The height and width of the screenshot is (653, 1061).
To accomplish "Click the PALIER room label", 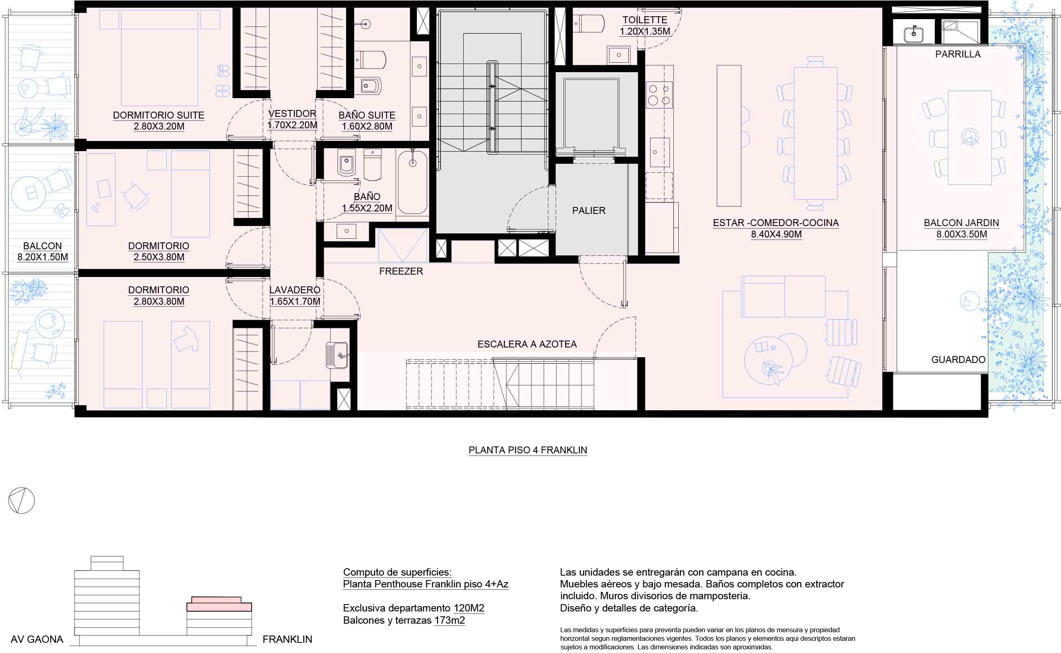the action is pyautogui.click(x=588, y=211).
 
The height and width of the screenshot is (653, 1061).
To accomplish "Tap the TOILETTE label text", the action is pyautogui.click(x=644, y=20).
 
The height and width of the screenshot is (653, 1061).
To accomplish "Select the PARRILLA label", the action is pyautogui.click(x=958, y=55).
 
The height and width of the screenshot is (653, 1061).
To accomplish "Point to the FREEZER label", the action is pyautogui.click(x=401, y=271).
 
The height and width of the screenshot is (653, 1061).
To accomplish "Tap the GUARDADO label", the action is pyautogui.click(x=958, y=360).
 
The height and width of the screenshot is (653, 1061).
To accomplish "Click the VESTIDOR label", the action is pyautogui.click(x=292, y=114).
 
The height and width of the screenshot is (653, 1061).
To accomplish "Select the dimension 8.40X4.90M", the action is pyautogui.click(x=776, y=235).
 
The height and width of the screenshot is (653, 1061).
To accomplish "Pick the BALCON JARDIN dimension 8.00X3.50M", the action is pyautogui.click(x=961, y=235).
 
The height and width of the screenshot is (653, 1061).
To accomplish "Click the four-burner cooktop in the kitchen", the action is pyautogui.click(x=659, y=95).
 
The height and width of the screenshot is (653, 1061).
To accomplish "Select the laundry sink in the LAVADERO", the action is pyautogui.click(x=337, y=355).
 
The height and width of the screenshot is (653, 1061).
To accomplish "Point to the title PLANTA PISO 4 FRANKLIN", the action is pyautogui.click(x=528, y=450).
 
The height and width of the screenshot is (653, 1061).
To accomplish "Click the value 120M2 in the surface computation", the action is pyautogui.click(x=469, y=608).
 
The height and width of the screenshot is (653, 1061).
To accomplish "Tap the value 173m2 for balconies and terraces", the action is pyautogui.click(x=449, y=620).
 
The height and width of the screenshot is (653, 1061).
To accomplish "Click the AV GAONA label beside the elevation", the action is pyautogui.click(x=37, y=639).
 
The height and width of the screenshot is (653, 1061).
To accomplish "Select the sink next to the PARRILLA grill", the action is pyautogui.click(x=913, y=34).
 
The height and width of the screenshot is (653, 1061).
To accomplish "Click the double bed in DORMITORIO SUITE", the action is pyautogui.click(x=159, y=57).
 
